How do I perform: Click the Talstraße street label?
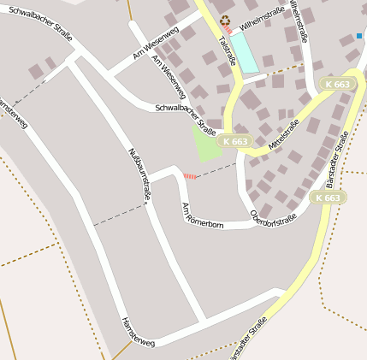point(226,50)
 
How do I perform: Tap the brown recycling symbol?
point(225,21)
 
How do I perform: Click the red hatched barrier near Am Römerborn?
point(190,176)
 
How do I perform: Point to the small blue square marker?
point(359,37)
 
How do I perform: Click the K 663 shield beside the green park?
point(234,140)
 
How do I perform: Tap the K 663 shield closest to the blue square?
point(338,84)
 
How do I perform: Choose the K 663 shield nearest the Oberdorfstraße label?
point(327,198)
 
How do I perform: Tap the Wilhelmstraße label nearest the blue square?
point(298,21)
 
